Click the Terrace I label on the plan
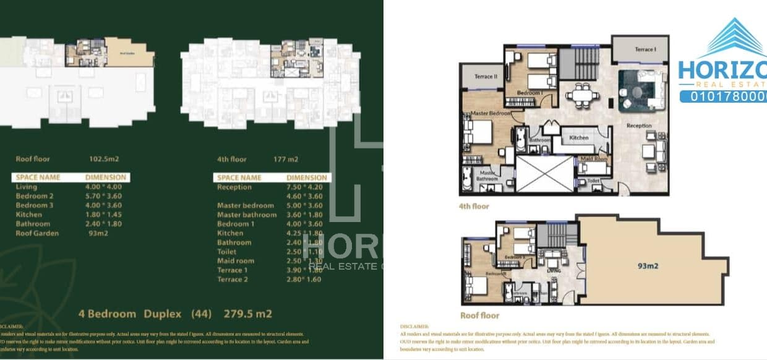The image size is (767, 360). (x=645, y=49)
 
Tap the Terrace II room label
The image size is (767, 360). (x=486, y=77)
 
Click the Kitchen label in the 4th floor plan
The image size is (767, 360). (x=579, y=137)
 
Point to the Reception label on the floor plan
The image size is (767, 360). (x=639, y=126)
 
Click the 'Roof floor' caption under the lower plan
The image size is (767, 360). (x=479, y=315)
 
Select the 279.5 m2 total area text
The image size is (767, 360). (x=248, y=314)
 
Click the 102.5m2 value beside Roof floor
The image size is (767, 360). (x=104, y=159)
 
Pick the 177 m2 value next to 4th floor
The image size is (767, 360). (x=286, y=159)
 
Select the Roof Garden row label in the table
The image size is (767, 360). (x=38, y=233)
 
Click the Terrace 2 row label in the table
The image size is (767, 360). (x=233, y=280)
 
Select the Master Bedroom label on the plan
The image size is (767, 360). (x=491, y=114)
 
